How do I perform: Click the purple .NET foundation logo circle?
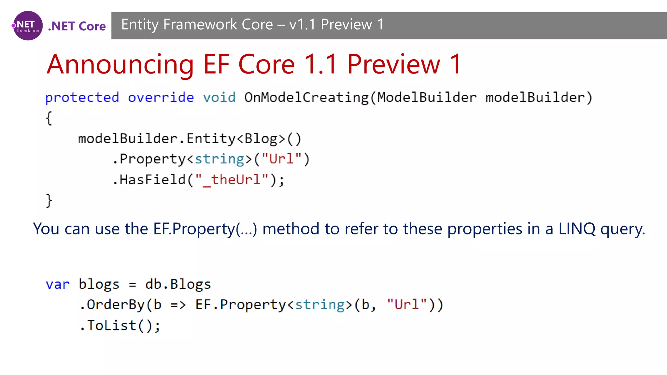pos(28,26)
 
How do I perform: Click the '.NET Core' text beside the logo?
pos(77,26)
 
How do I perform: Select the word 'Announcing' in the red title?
pos(120,64)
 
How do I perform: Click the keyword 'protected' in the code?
pos(82,98)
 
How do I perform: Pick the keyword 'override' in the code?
pos(161,98)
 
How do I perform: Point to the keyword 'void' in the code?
pos(219,98)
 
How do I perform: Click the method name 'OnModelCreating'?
pos(306,98)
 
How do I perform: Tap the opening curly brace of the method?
pos(49,118)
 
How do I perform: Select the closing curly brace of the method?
pos(49,200)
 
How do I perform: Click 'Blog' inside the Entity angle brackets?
pos(261,139)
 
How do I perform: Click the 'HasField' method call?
pos(152,180)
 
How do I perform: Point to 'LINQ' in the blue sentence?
pos(577,229)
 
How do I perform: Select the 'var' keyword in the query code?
pos(58,285)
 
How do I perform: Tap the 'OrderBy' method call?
pos(116,305)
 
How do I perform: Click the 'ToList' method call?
pos(112,326)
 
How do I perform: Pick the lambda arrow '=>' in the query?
pos(178,305)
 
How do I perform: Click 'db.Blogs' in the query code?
pos(178,285)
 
